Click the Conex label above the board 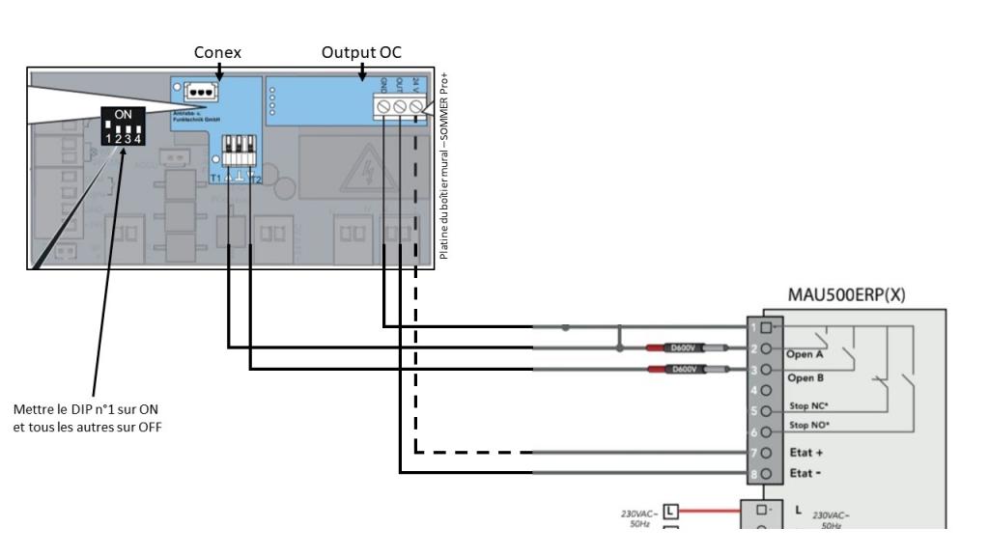tap(218, 52)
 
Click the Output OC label tap(362, 52)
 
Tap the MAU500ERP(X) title tap(846, 296)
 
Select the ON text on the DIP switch tap(124, 114)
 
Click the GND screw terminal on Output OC tap(383, 105)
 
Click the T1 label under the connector tap(216, 179)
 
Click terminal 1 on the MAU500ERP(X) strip tap(764, 327)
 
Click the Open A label tap(804, 354)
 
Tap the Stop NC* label tap(809, 406)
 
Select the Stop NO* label tap(809, 426)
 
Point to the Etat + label tap(804, 450)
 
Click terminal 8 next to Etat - tap(764, 473)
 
